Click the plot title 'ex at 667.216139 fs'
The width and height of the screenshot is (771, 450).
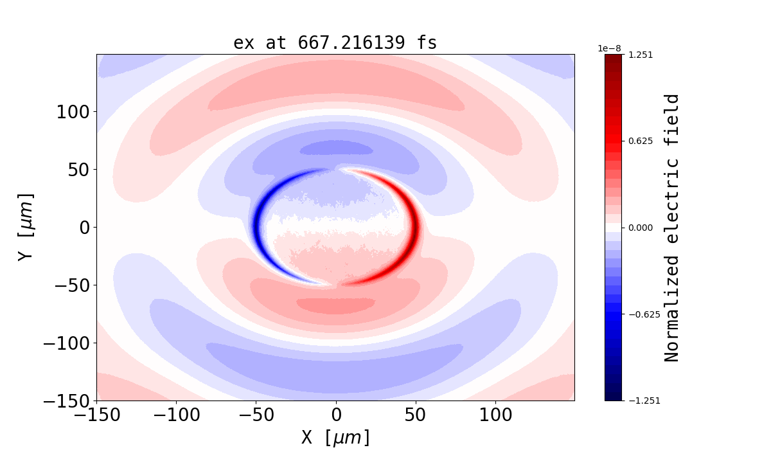coord(335,43)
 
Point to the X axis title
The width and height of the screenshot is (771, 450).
coord(335,438)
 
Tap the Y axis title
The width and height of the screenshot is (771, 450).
coord(26,227)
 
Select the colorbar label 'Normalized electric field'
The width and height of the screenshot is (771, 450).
coord(672,228)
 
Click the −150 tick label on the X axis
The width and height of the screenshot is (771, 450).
coord(96,415)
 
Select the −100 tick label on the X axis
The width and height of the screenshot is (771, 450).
coord(176,415)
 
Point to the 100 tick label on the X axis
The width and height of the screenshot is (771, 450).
coord(495,415)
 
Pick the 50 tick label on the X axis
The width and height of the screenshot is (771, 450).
coord(416,415)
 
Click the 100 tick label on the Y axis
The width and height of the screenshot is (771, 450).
coord(76,112)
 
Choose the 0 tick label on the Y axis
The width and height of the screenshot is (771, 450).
coord(84,228)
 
